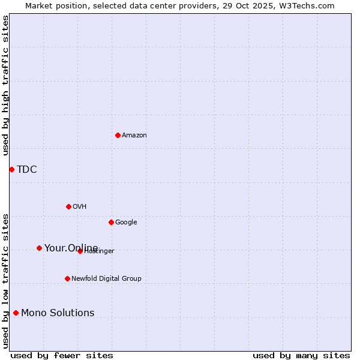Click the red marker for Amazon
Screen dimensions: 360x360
118,135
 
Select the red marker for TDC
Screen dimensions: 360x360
11,169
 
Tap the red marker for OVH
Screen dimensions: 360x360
68,206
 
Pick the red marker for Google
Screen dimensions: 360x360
111,222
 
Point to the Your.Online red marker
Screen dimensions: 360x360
39,248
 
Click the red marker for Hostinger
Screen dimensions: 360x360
80,251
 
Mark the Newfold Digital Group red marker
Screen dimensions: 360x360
67,278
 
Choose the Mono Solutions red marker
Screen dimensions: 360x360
16,313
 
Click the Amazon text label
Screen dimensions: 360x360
134,135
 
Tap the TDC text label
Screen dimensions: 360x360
26,169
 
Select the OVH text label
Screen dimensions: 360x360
79,206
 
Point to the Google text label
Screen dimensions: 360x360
126,222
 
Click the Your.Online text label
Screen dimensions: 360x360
71,248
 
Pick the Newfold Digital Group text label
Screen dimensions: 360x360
106,278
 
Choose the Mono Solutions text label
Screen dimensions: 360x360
58,313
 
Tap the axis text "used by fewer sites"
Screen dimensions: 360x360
62,355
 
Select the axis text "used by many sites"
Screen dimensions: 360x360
301,355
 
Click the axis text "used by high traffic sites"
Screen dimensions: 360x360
5,85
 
